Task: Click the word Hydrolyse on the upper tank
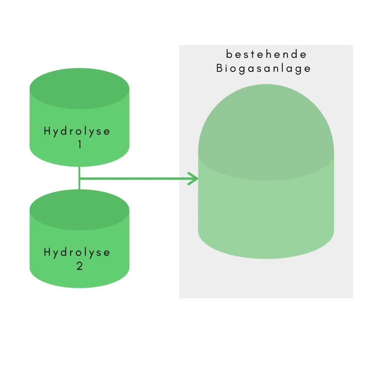click(x=77, y=131)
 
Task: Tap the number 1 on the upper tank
click(x=80, y=145)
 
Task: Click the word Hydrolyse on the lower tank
click(x=77, y=253)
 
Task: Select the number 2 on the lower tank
click(x=80, y=266)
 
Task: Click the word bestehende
click(x=266, y=54)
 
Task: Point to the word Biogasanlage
click(x=263, y=68)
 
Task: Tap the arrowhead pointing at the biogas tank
click(x=193, y=178)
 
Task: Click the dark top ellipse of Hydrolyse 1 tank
click(x=79, y=88)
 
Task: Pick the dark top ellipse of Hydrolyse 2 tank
click(x=79, y=210)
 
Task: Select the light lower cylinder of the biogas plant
click(x=266, y=220)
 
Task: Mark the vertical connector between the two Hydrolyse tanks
click(x=79, y=178)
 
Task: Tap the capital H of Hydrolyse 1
click(x=47, y=131)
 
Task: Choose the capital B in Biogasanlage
click(x=219, y=68)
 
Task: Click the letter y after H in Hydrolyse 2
click(x=56, y=254)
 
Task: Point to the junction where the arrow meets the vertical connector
click(x=79, y=178)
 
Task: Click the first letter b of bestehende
click(x=229, y=54)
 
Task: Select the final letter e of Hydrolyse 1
click(x=107, y=132)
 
